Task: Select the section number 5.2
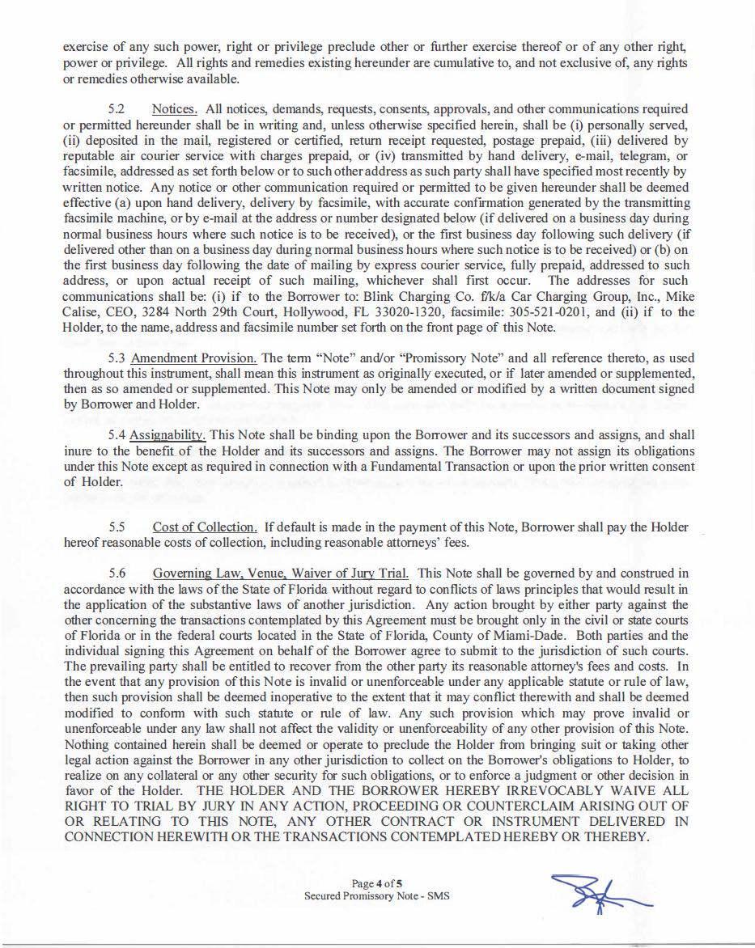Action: coord(118,108)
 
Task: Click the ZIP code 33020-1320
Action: coord(420,312)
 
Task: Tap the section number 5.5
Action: coord(118,527)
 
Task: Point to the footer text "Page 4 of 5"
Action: coord(377,883)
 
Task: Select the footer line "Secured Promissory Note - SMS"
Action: coord(376,896)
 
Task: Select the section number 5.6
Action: coord(118,573)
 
